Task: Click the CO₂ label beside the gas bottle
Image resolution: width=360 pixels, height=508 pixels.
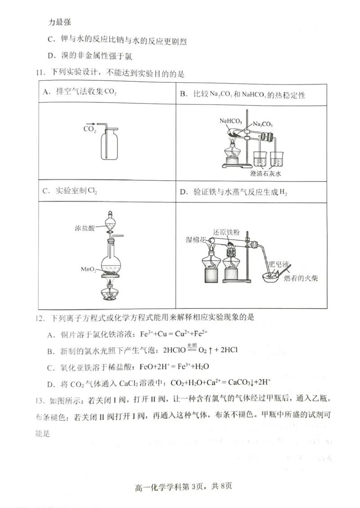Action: point(90,129)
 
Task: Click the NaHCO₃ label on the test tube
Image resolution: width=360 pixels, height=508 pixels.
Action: point(230,121)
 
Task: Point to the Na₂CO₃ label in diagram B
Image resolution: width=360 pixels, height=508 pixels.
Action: point(262,124)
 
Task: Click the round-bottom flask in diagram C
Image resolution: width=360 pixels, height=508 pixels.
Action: point(109,265)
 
